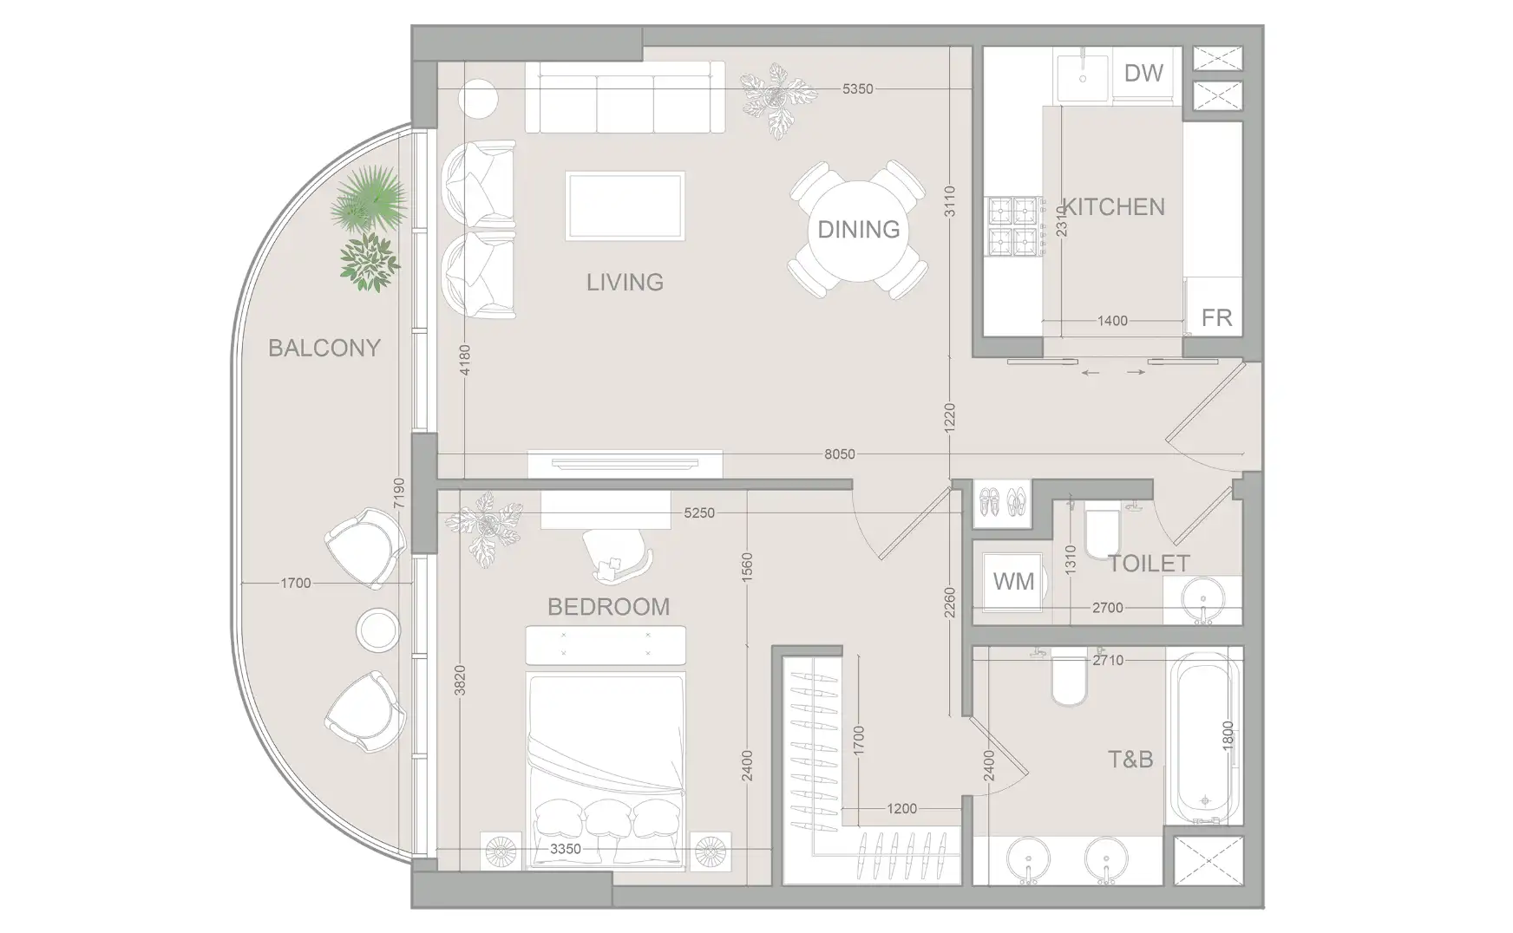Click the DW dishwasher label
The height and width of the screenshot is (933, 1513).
(x=1143, y=73)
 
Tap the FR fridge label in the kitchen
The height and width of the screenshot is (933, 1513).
(x=1216, y=318)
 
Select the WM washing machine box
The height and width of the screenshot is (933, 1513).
(x=1013, y=581)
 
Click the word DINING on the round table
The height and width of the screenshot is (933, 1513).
(x=858, y=229)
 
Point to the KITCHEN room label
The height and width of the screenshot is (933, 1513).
(x=1114, y=207)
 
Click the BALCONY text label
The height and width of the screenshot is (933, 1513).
(x=324, y=348)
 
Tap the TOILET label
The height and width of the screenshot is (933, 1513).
(x=1149, y=564)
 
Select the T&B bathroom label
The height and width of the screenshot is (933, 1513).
(x=1130, y=760)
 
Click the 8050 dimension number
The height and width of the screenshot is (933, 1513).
(x=839, y=454)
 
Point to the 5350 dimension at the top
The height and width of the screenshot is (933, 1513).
(x=857, y=89)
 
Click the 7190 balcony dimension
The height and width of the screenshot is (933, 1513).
(x=398, y=493)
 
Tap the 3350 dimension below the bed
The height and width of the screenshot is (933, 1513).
(x=565, y=849)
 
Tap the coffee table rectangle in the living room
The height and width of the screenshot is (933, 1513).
(x=625, y=206)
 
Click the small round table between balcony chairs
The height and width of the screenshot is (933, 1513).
(x=378, y=630)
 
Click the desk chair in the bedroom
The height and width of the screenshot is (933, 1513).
(x=616, y=555)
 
